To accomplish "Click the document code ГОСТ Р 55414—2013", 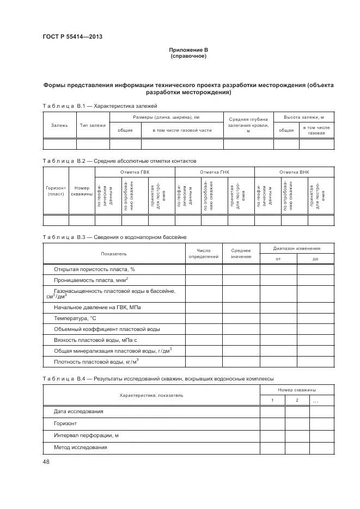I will [72, 37].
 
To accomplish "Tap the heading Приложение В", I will [188, 50].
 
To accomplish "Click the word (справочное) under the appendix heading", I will [188, 56].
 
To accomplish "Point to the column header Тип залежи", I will [93, 125].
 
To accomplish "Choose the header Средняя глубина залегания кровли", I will [248, 125].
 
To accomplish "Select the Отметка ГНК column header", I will [215, 172].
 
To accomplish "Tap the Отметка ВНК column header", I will [294, 172].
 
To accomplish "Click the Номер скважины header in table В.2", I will [82, 191].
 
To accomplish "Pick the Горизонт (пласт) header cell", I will [56, 191].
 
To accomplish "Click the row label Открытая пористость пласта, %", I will [94, 269].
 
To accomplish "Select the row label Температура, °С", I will [75, 318].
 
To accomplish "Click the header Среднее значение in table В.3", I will [241, 253].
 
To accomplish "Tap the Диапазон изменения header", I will [296, 248].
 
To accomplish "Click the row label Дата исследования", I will [78, 411].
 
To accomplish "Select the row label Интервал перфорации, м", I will [86, 435].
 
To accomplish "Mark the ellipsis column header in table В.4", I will [316, 401].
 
